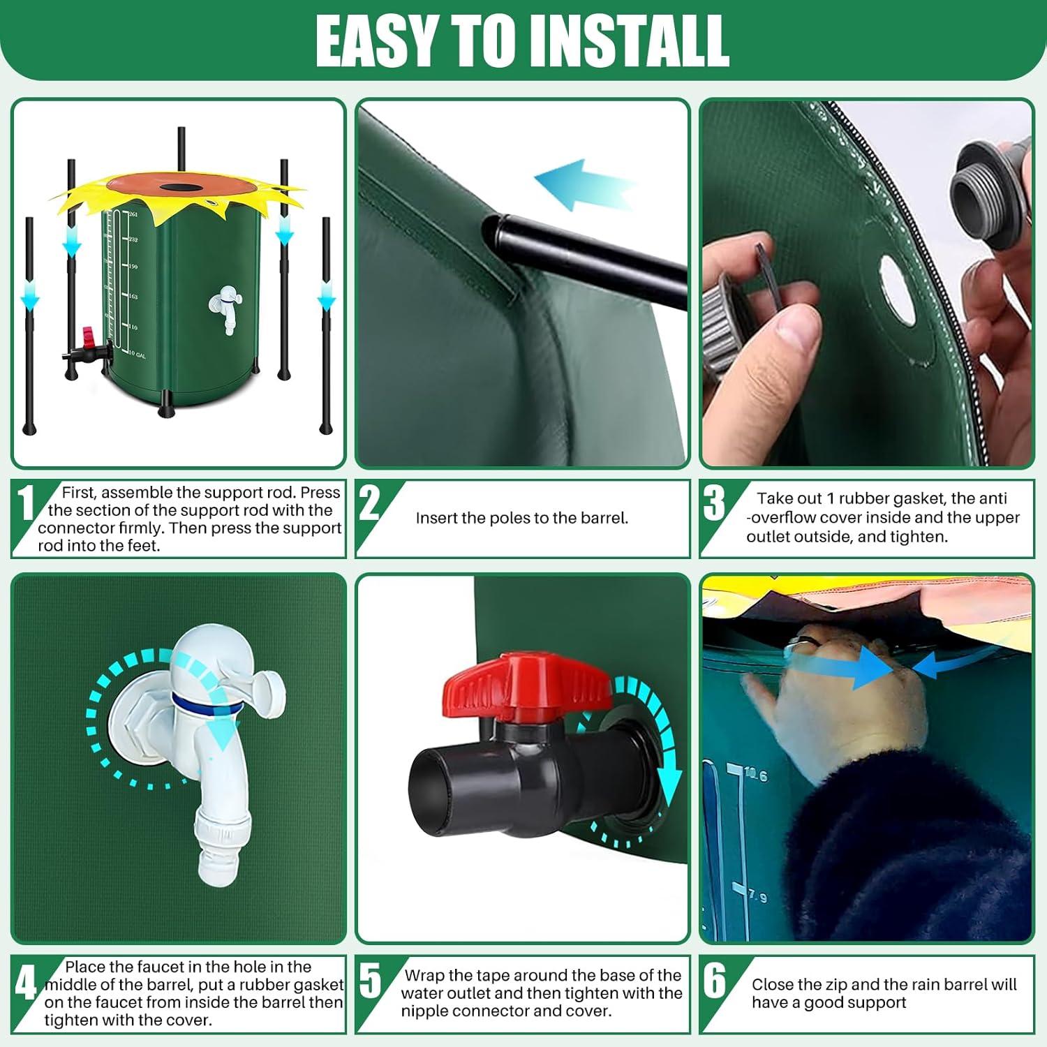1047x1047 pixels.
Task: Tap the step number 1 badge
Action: click(26, 503)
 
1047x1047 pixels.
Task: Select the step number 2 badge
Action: click(369, 503)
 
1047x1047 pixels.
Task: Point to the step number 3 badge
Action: click(713, 503)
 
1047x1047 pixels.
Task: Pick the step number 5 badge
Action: click(370, 981)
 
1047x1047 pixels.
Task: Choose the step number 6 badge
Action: click(714, 981)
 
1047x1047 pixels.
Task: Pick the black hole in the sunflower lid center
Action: click(179, 188)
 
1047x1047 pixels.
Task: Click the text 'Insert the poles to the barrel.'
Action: click(521, 518)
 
